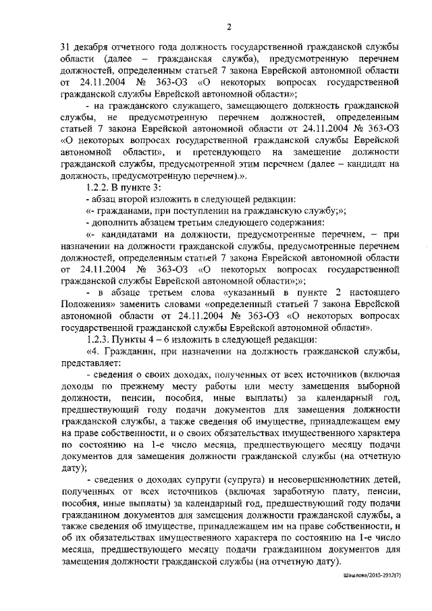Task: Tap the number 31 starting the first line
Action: click(66, 47)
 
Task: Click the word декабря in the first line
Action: click(94, 47)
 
